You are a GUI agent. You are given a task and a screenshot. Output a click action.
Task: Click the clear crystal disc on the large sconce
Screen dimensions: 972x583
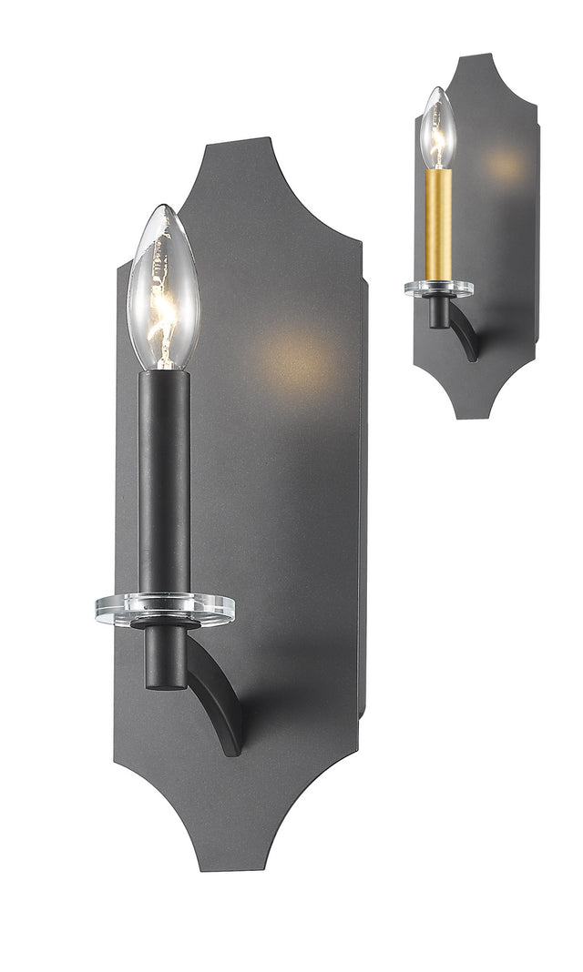[164, 609]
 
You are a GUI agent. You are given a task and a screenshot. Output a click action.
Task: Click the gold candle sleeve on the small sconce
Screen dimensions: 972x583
[438, 223]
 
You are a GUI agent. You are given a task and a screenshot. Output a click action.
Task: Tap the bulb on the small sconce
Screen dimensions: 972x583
[438, 137]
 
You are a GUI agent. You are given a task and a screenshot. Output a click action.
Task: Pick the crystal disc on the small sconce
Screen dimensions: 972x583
[438, 288]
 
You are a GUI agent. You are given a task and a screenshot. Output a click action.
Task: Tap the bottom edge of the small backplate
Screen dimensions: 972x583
[481, 416]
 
